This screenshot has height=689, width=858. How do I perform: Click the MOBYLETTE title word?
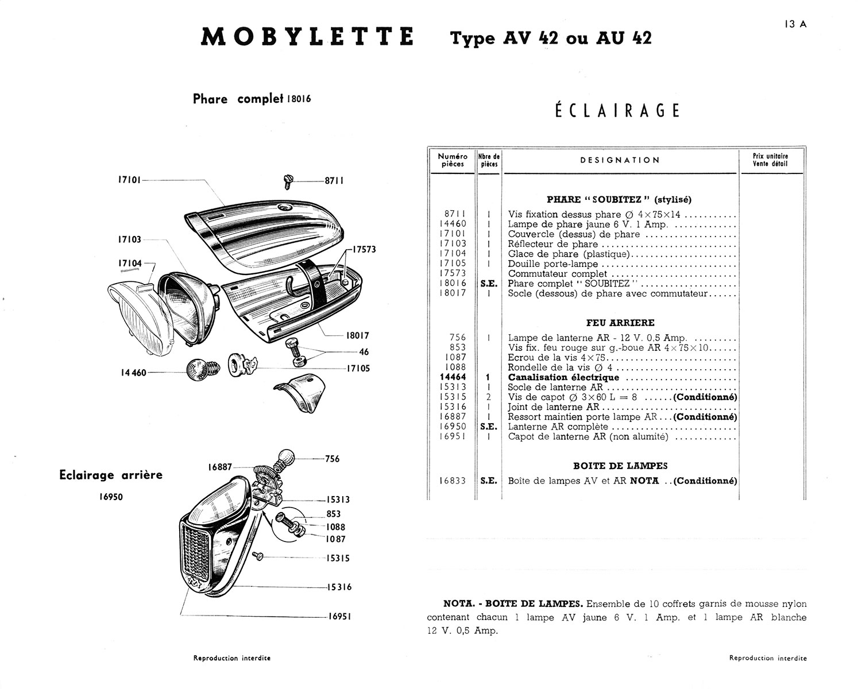point(307,37)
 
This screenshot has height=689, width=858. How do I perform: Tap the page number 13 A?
point(794,24)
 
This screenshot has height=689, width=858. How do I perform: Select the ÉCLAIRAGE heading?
point(617,110)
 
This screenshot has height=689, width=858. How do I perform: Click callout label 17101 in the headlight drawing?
point(129,180)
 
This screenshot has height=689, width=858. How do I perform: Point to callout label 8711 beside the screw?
point(334,181)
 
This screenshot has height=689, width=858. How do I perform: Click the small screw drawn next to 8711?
point(289,182)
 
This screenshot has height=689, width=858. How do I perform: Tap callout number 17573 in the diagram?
point(364,250)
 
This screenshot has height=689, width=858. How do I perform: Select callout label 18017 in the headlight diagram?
point(358,336)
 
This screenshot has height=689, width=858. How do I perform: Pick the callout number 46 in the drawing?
point(364,352)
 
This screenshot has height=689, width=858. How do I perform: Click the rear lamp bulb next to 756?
point(285,458)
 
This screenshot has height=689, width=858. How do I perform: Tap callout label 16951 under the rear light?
point(339,616)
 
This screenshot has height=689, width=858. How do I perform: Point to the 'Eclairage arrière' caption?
point(111,475)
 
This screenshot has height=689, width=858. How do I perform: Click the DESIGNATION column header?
point(620,160)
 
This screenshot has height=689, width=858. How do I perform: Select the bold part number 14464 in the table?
point(453,377)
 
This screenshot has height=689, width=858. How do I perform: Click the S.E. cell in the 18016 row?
point(489,283)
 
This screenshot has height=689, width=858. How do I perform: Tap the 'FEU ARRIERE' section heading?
point(620,323)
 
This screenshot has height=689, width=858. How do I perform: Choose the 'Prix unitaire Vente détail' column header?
point(770,160)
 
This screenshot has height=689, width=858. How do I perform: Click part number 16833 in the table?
point(453,481)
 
